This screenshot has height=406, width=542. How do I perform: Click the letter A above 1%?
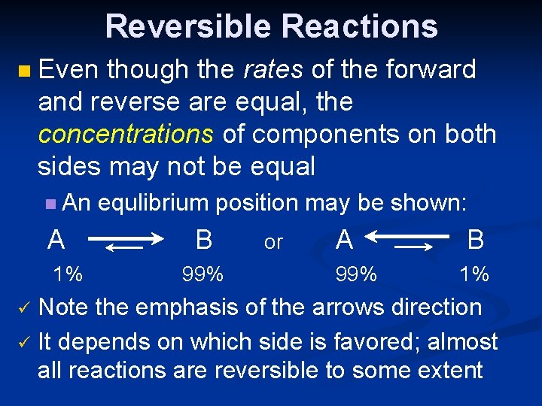pos(55,240)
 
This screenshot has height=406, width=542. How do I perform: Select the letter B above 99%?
pos(203,240)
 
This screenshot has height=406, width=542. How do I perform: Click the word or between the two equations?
pos(273,242)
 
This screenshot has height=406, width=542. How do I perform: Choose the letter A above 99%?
pos(344,240)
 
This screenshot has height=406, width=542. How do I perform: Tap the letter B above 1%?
pos(475,240)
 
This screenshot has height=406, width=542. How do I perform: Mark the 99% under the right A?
pos(357,274)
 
